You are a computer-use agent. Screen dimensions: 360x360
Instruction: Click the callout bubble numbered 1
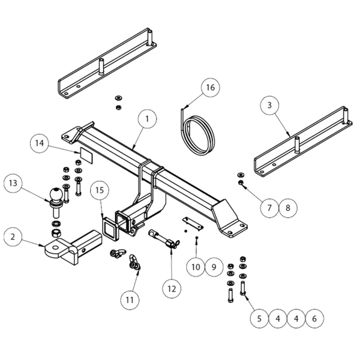(x=147, y=119)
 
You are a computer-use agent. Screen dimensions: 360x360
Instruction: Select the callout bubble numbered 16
(x=211, y=87)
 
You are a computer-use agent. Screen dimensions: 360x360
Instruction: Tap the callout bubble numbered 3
(x=269, y=105)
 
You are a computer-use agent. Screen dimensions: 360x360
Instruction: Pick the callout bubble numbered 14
(x=39, y=143)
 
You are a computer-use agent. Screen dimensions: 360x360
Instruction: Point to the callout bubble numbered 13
(x=13, y=183)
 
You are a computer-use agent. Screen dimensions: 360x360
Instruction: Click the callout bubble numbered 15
(x=100, y=190)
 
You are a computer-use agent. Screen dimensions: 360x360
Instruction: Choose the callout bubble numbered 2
(x=13, y=236)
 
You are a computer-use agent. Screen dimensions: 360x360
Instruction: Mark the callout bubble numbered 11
(x=130, y=300)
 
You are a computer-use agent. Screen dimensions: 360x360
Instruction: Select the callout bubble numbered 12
(x=172, y=289)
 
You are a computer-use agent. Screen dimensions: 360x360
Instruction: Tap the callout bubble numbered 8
(x=288, y=208)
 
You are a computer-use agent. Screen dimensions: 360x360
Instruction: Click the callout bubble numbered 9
(x=214, y=267)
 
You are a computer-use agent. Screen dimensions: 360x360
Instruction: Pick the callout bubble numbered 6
(x=314, y=319)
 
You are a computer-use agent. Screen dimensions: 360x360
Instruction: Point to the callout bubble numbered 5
(x=259, y=319)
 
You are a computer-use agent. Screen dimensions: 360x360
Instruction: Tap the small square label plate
(x=86, y=155)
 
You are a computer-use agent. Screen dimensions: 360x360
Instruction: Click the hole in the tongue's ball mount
(x=56, y=248)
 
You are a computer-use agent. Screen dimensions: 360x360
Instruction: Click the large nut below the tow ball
(x=56, y=233)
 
